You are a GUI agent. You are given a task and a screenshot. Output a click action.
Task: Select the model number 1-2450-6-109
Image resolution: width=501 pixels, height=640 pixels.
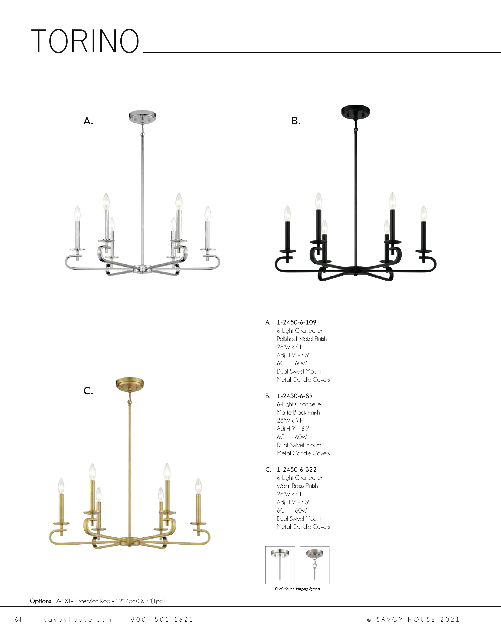[296, 322]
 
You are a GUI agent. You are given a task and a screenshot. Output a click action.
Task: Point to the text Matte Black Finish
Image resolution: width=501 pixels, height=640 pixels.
[298, 412]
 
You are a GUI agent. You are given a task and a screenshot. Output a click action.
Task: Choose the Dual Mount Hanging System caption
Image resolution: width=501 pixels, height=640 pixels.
[297, 589]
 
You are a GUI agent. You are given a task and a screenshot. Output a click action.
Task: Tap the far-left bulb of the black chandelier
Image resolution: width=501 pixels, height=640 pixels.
[288, 214]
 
